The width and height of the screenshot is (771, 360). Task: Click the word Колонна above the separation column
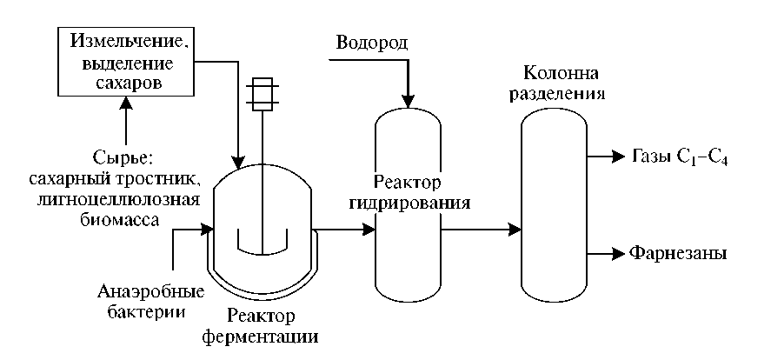pyautogui.click(x=559, y=70)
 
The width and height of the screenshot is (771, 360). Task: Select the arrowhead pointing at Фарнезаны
pyautogui.click(x=619, y=254)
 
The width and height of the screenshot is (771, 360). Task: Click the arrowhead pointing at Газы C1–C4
pyautogui.click(x=619, y=157)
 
